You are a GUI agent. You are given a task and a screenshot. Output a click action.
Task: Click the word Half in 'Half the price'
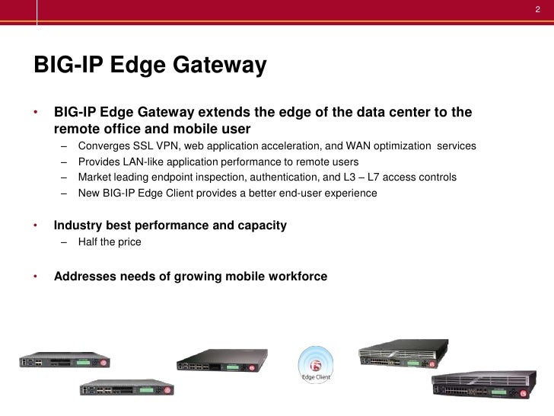(x=90, y=242)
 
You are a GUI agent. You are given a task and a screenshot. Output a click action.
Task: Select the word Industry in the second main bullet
(x=79, y=226)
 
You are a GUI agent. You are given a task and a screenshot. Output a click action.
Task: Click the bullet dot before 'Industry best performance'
(x=36, y=226)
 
